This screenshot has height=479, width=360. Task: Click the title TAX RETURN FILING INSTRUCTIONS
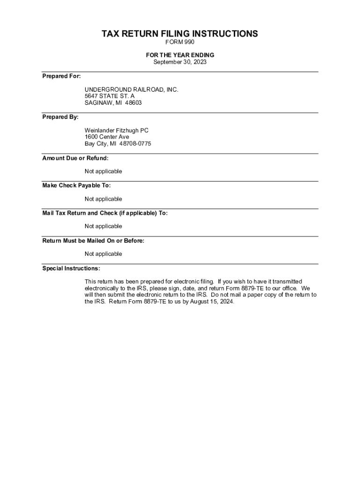180,34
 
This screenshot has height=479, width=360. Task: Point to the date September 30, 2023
180,62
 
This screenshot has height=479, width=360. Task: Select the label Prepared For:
61,76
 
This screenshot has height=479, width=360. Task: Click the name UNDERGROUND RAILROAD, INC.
131,89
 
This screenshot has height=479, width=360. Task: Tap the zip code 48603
133,103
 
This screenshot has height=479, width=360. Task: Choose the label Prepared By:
60,117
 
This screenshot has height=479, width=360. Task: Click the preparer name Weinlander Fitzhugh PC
116,131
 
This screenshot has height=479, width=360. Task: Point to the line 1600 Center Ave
107,137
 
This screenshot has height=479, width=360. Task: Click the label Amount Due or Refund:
75,158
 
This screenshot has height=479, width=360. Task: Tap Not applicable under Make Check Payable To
103,199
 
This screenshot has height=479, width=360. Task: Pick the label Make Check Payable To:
77,186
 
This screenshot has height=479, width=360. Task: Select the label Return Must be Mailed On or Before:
93,241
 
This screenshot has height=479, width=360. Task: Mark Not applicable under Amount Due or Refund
103,172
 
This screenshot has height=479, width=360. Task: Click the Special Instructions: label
71,269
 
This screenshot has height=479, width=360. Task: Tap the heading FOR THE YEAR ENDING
180,55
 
